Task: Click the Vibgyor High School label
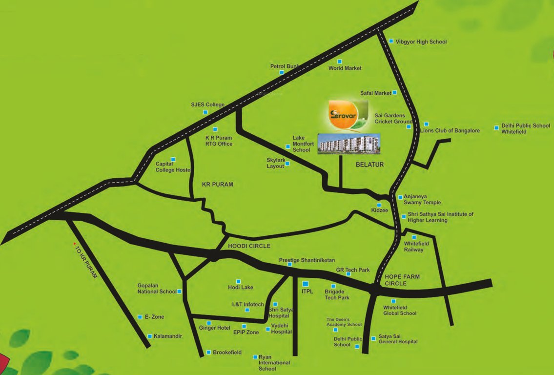point(421,42)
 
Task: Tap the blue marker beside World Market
point(340,62)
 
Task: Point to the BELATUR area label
point(369,165)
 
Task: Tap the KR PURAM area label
point(218,185)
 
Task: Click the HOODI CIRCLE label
point(249,246)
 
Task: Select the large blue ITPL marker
point(306,284)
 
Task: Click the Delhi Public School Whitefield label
point(526,128)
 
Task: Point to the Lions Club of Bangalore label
point(450,131)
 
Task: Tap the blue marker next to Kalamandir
point(149,336)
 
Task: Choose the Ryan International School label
point(274,363)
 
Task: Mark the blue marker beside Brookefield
point(208,352)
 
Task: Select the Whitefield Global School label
point(400,310)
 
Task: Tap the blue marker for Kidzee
point(379,205)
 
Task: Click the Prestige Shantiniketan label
point(307,260)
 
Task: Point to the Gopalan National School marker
point(180,292)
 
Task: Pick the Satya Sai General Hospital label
point(398,339)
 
